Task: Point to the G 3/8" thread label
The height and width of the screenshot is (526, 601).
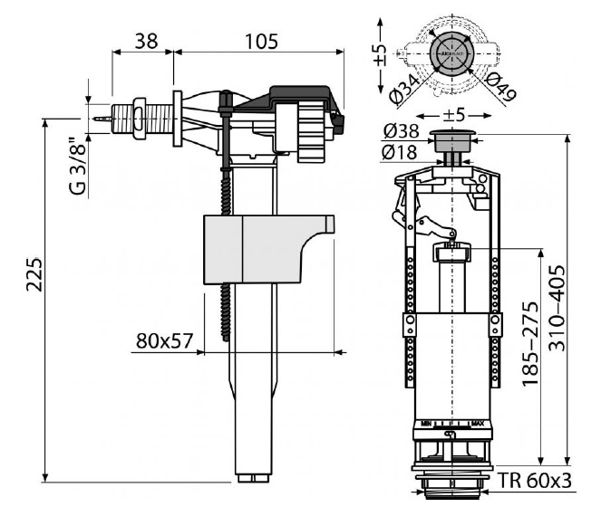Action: (x=79, y=164)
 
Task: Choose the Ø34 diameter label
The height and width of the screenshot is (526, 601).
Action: (x=402, y=87)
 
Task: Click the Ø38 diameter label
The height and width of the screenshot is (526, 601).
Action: (x=402, y=130)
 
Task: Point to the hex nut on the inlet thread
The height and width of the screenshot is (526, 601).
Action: (x=139, y=116)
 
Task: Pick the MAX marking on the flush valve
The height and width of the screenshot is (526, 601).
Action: (x=478, y=422)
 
